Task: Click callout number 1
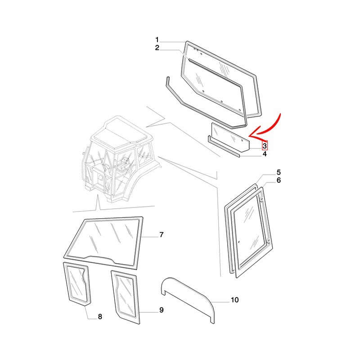[x=157, y=40]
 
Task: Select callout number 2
[x=157, y=48]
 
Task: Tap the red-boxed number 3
[x=265, y=145]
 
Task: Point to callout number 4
[x=265, y=154]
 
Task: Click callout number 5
[x=279, y=172]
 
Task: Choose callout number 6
[x=279, y=180]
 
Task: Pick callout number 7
[x=162, y=234]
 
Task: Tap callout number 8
[x=100, y=317]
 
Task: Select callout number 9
[x=162, y=310]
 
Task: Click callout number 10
[x=234, y=300]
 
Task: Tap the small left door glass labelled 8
[x=77, y=284]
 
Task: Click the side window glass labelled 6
[x=252, y=232]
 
